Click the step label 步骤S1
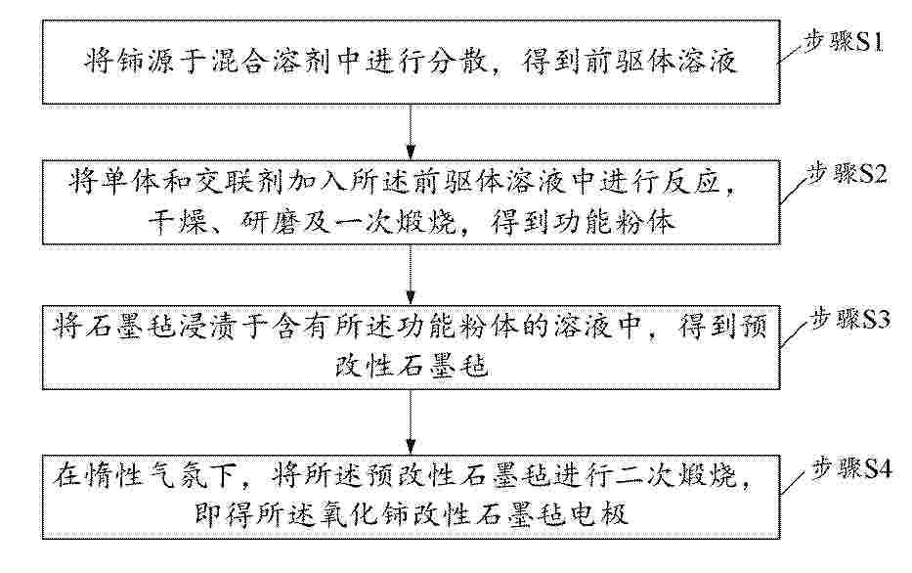[844, 42]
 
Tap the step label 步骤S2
[847, 173]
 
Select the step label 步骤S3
[850, 319]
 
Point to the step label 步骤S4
[851, 467]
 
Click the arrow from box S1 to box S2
[411, 132]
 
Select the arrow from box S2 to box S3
[411, 275]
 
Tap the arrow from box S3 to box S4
[411, 421]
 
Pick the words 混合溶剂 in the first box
[265, 62]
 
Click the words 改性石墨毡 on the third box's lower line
[412, 366]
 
